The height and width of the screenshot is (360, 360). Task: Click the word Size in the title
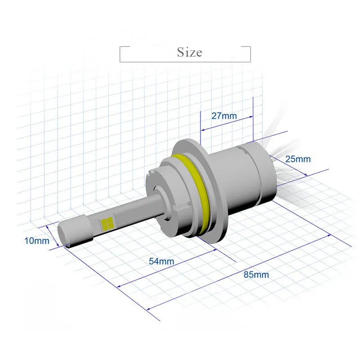pos(189,52)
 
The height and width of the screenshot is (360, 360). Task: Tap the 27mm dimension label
pos(224,116)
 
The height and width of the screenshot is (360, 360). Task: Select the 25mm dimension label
pos(298,159)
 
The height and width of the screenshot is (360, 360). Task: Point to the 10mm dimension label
pos(37,241)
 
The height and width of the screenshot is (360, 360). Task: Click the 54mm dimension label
pos(162,261)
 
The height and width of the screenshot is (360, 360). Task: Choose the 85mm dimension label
pos(256,274)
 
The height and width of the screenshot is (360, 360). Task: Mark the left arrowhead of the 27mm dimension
pos(202,130)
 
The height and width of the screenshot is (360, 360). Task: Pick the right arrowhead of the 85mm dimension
pos(329,235)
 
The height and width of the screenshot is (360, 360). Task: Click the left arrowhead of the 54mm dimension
pos(119,286)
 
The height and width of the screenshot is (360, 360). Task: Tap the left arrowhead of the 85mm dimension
pos(148,309)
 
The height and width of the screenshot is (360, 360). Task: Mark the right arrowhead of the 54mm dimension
pos(215,250)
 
